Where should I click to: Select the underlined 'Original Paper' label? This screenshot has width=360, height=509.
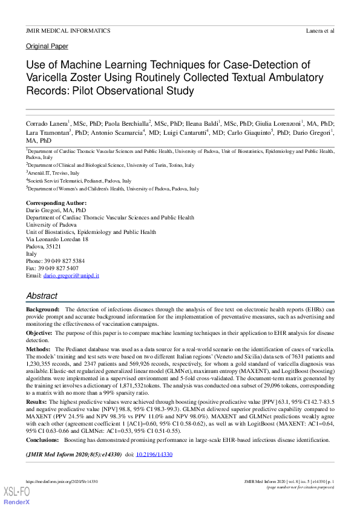coord(47,46)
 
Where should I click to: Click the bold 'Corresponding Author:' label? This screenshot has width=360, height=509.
coord(56,203)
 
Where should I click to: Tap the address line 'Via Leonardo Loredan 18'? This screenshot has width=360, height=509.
coord(57,239)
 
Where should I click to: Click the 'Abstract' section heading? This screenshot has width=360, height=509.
coord(42,296)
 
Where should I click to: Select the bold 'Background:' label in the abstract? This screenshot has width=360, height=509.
coord(43,310)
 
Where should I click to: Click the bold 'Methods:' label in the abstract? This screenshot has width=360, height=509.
coord(39,349)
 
